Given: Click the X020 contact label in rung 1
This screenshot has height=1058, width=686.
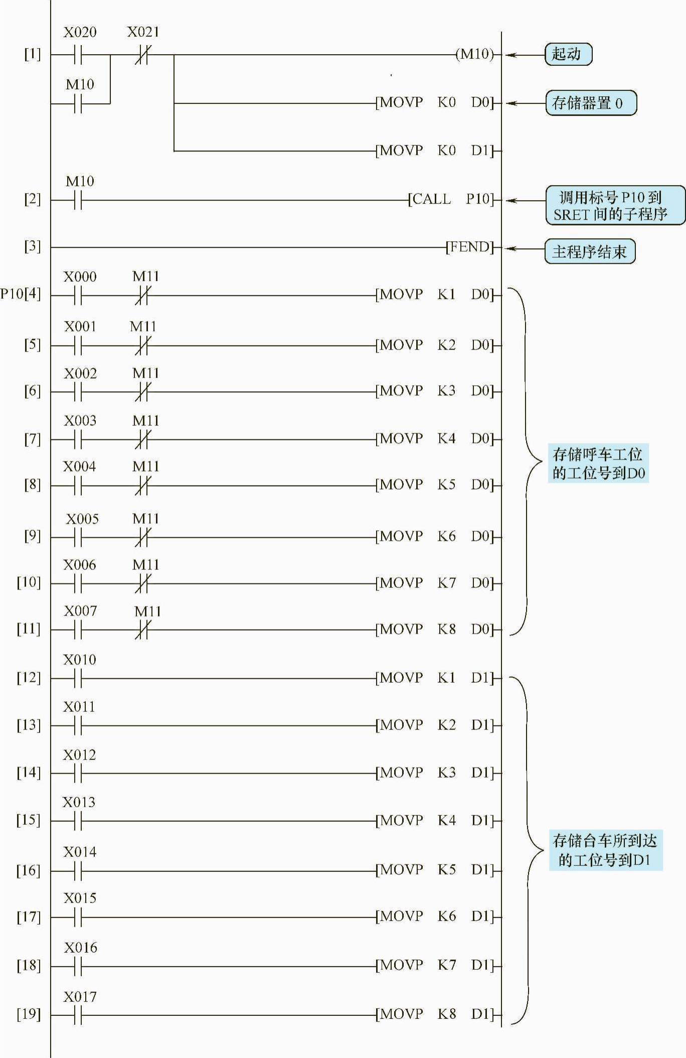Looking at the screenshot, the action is pos(80,33).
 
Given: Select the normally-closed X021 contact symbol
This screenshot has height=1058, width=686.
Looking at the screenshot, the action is pos(142,55).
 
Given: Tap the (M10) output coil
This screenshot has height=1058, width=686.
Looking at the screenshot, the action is pos(474,54).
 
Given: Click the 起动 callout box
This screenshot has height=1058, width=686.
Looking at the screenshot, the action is pos(568,54).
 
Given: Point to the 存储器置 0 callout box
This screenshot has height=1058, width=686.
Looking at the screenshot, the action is pos(590,103).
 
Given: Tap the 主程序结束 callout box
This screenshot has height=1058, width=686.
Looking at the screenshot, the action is pos(590,251).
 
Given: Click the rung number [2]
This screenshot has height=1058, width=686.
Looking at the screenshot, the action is pos(32,199).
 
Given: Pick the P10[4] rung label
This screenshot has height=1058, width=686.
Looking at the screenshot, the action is pos(21,293).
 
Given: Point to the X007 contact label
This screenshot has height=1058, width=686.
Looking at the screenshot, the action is pos(80,611).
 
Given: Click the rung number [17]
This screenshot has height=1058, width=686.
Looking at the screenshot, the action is pos(29,917).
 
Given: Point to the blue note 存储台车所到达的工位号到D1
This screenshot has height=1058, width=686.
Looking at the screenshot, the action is pos(605,850).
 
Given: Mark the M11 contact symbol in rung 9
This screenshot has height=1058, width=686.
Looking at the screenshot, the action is pos(142,537).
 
